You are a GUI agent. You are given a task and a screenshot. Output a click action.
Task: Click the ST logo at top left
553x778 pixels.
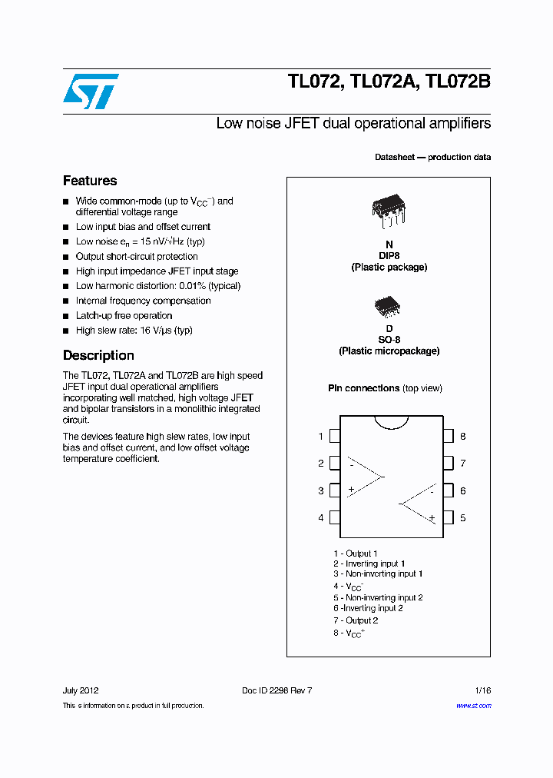(x=91, y=91)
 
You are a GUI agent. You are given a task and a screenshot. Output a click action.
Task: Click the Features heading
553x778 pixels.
(x=90, y=181)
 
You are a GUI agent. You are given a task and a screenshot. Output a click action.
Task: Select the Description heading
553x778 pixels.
(x=98, y=355)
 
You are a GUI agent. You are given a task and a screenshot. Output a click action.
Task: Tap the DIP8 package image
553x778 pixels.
(x=389, y=210)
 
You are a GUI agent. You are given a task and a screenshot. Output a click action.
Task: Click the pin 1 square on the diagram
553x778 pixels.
(x=334, y=437)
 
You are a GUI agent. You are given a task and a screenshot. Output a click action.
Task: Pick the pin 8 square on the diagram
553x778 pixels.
(x=448, y=437)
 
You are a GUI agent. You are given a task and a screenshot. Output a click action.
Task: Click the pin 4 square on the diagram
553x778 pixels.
(x=334, y=517)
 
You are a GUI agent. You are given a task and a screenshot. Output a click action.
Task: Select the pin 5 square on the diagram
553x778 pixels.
(x=448, y=517)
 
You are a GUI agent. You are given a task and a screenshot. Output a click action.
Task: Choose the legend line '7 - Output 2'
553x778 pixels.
(x=356, y=620)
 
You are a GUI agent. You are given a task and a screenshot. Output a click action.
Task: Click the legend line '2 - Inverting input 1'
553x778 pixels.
(x=369, y=564)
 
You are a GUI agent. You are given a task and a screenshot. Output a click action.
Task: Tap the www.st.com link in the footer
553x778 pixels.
(x=473, y=706)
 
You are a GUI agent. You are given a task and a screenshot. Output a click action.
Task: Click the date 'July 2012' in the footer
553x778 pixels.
(x=80, y=690)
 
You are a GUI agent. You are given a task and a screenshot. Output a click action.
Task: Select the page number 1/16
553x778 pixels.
(x=482, y=690)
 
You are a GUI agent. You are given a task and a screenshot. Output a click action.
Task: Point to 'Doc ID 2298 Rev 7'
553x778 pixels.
(x=276, y=690)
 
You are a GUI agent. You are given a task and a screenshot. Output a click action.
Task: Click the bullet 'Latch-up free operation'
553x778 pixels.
(x=124, y=315)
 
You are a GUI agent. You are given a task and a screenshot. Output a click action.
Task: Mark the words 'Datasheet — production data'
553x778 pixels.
(x=432, y=157)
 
